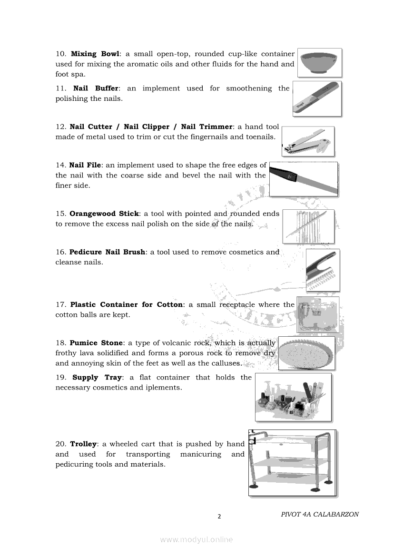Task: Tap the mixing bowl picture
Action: (319, 62)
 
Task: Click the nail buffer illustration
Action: (317, 99)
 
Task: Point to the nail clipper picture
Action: (308, 142)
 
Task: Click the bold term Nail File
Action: (85, 165)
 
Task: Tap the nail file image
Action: (304, 179)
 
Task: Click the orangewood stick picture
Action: (308, 226)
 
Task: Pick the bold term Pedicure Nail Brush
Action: (107, 252)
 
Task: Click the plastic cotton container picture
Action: (317, 314)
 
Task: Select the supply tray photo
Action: (293, 397)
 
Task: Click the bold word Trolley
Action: (83, 444)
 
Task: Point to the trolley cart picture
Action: (292, 463)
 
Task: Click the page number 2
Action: (219, 517)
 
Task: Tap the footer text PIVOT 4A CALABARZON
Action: (320, 514)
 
